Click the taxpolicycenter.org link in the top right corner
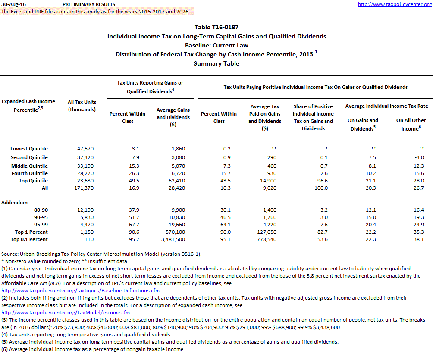395,4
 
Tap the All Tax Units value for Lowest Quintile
84,149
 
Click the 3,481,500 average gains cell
173,239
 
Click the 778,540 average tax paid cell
264,239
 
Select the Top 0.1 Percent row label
29,239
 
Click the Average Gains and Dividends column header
173,117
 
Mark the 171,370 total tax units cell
84,188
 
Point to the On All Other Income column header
411,124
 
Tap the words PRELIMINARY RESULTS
89,4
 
